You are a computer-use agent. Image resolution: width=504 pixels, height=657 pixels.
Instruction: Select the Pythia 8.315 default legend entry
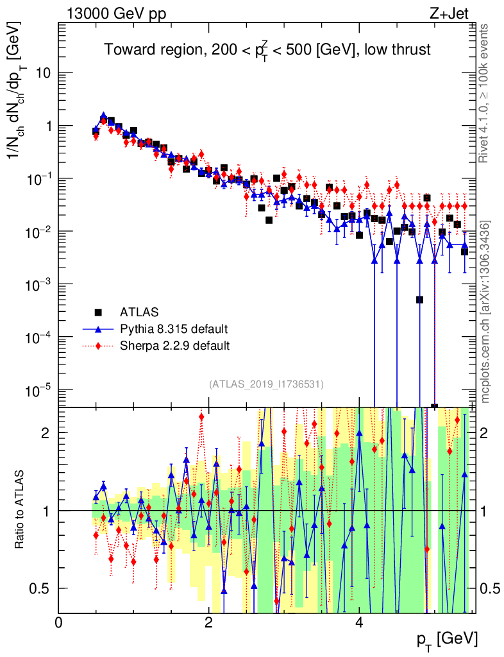pyautogui.click(x=174, y=329)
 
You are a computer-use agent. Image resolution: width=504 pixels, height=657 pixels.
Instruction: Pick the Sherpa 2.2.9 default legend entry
pyautogui.click(x=174, y=346)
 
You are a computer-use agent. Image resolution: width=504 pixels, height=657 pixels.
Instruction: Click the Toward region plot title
pyautogui.click(x=268, y=50)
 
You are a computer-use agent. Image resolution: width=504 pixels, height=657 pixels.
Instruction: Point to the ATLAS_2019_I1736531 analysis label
pyautogui.click(x=266, y=384)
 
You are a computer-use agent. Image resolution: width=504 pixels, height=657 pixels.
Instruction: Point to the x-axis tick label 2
pyautogui.click(x=208, y=623)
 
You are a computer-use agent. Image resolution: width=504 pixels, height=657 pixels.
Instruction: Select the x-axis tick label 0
pyautogui.click(x=58, y=623)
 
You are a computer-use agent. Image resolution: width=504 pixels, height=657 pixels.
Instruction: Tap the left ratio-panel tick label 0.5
pyautogui.click(x=42, y=588)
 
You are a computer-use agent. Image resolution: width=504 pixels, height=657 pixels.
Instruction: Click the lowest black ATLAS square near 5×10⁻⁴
pyautogui.click(x=419, y=300)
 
